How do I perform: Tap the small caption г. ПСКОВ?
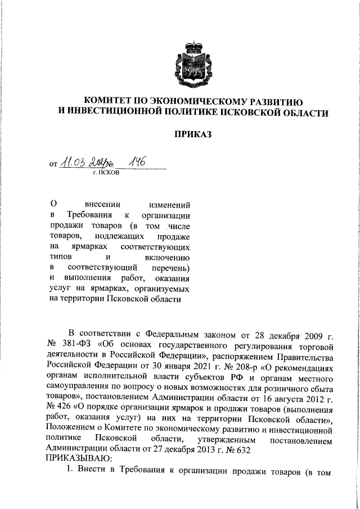106,173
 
